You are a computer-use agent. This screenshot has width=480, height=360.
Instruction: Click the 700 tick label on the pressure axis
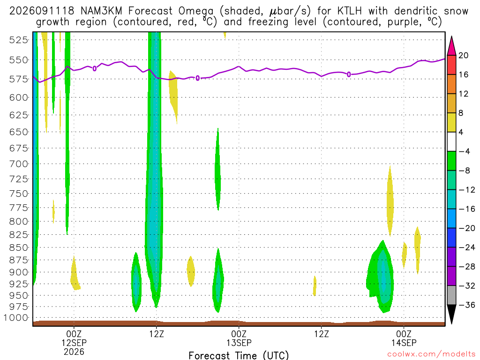point(18,164)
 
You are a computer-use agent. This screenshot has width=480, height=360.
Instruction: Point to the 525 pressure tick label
point(18,40)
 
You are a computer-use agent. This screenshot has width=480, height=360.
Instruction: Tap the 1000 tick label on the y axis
point(16,318)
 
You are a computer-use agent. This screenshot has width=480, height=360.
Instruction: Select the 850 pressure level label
point(18,247)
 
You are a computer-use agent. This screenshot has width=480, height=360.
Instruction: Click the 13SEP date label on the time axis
point(239,343)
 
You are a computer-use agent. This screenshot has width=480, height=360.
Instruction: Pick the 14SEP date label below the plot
point(404,343)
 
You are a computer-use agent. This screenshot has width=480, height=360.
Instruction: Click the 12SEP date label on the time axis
point(74,343)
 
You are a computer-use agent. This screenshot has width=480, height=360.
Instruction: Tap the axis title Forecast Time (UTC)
point(239,355)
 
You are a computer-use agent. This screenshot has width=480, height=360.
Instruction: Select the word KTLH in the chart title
point(350,11)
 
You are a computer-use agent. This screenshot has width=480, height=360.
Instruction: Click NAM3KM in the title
point(101,11)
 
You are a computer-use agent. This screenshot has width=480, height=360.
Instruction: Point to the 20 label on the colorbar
point(463,55)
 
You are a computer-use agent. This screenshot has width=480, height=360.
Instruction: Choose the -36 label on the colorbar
point(466,305)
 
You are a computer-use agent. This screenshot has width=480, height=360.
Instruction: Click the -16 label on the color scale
point(466,209)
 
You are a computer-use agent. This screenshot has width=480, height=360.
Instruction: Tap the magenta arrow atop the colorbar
point(451,45)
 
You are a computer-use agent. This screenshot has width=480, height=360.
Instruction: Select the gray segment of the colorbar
point(451,295)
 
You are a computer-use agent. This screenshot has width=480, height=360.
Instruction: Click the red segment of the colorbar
point(451,65)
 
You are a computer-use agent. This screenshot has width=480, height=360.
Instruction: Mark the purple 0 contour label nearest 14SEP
point(349,75)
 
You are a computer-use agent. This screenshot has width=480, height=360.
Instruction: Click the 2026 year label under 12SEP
point(74,352)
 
